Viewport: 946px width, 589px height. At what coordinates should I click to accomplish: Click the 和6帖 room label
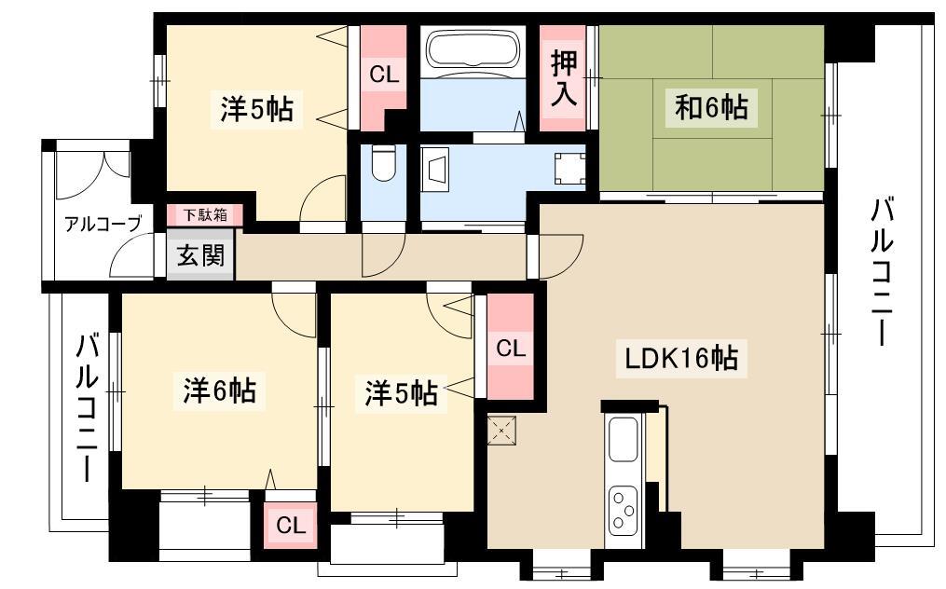(x=711, y=108)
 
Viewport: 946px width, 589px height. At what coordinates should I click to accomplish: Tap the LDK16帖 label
(x=681, y=359)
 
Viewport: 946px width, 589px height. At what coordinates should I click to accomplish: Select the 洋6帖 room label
(x=220, y=391)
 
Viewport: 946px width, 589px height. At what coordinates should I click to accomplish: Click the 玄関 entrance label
(x=200, y=255)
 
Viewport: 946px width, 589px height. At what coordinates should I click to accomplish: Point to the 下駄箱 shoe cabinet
(x=205, y=215)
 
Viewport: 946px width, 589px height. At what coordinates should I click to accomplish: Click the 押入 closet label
(x=564, y=78)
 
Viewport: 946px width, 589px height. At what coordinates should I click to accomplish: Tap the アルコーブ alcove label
(x=103, y=224)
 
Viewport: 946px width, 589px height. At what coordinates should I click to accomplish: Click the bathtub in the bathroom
(x=473, y=50)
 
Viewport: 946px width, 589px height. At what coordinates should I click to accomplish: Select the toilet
(x=382, y=163)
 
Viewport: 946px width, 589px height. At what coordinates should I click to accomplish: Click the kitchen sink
(x=624, y=439)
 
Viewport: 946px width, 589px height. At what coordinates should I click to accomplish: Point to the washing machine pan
(x=570, y=169)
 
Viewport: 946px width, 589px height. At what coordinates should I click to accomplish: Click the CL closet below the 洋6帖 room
(x=291, y=526)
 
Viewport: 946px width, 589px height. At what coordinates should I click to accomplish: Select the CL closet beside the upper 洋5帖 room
(x=384, y=76)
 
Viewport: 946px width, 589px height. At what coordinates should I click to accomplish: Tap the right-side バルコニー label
(x=882, y=272)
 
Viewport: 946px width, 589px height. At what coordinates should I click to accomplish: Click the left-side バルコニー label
(x=87, y=408)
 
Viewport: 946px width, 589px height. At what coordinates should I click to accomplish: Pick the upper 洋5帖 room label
(x=256, y=110)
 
